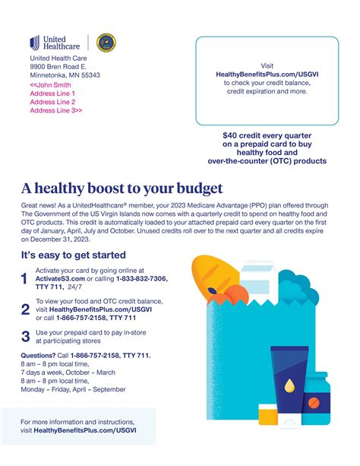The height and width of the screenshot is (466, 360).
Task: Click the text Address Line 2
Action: point(52,101)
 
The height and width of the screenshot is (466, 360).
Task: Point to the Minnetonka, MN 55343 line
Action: point(65,75)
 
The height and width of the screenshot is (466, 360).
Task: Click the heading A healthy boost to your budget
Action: point(122,188)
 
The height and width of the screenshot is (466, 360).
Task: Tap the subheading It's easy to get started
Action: point(73,255)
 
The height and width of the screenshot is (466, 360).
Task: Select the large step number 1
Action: point(25,280)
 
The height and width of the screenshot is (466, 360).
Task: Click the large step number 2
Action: point(25,309)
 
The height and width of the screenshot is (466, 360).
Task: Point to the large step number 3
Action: point(25,336)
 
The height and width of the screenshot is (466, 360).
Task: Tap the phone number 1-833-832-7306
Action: point(141,279)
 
